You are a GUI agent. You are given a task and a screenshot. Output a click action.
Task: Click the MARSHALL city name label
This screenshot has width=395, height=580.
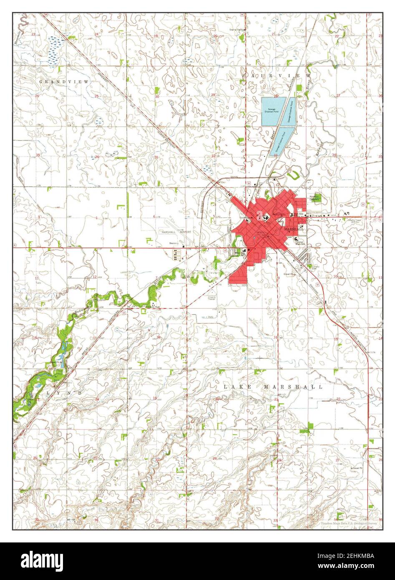point(294,229)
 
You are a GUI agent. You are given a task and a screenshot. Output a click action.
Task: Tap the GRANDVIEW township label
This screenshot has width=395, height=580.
point(64,82)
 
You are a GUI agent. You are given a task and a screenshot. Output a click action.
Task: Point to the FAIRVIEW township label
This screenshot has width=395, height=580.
point(276,76)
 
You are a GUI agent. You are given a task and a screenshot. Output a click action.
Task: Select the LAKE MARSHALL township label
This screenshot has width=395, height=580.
point(273,387)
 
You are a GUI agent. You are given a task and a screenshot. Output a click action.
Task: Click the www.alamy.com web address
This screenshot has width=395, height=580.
point(356,565)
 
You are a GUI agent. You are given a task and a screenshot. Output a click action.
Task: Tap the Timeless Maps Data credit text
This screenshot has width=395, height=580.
point(349,523)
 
